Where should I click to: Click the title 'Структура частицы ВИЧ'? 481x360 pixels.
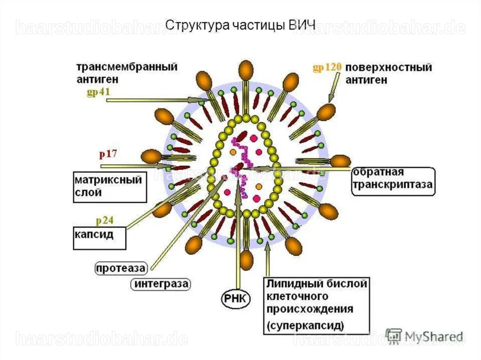pos(240,25)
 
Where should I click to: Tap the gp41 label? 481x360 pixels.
pos(98,92)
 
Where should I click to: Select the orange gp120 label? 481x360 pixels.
pos(327,67)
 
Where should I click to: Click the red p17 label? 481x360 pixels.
pos(108,153)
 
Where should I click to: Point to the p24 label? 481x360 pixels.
pos(105,221)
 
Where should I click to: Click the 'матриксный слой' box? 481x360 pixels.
pos(110,187)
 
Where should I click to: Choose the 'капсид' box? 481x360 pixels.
pos(100,238)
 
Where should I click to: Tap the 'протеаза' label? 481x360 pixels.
pos(121,268)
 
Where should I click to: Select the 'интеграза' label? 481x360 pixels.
pos(161,284)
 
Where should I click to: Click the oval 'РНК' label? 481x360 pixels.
pos(236,299)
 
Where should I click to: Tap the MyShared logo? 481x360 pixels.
pos(424,337)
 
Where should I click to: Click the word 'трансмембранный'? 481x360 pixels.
pos(127,67)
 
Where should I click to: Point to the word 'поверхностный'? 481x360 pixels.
pos(388,68)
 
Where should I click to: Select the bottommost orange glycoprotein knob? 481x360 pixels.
pos(246,260)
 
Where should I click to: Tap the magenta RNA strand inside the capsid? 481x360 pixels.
pos(241,166)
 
